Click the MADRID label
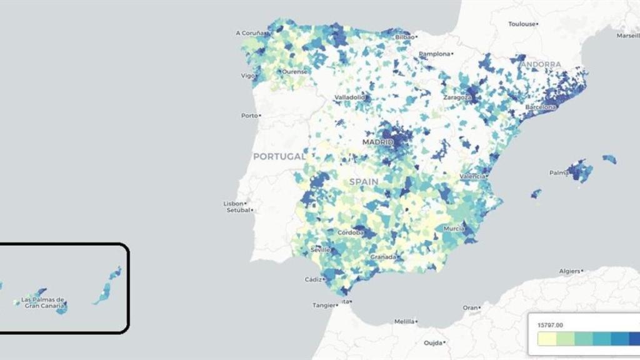tap(378, 142)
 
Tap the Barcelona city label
tap(541, 107)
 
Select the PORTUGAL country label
tap(279, 156)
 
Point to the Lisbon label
tap(234, 203)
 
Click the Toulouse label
tap(522, 24)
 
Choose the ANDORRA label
tap(541, 64)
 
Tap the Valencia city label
tap(472, 177)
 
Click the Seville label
tap(320, 250)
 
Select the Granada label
tap(382, 256)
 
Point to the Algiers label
tap(569, 271)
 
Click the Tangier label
tap(324, 305)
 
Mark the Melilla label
tap(404, 322)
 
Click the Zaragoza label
tap(457, 97)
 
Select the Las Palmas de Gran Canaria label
tap(43, 302)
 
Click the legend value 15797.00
tap(551, 324)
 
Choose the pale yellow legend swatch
tap(547, 339)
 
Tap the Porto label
tap(249, 116)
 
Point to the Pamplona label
tap(434, 54)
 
